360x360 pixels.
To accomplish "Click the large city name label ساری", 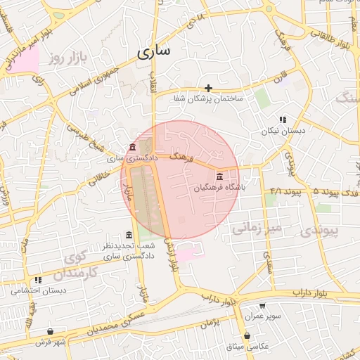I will click(154, 52).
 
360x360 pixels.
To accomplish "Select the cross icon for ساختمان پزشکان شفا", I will click(208, 88).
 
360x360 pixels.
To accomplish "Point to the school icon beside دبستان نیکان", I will click(282, 120).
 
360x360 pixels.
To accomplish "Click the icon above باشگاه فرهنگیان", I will click(220, 176).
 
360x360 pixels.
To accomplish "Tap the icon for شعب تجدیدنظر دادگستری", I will click(128, 235).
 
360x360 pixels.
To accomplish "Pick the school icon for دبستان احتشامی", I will click(38, 280).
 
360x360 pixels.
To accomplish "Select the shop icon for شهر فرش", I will click(50, 331).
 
